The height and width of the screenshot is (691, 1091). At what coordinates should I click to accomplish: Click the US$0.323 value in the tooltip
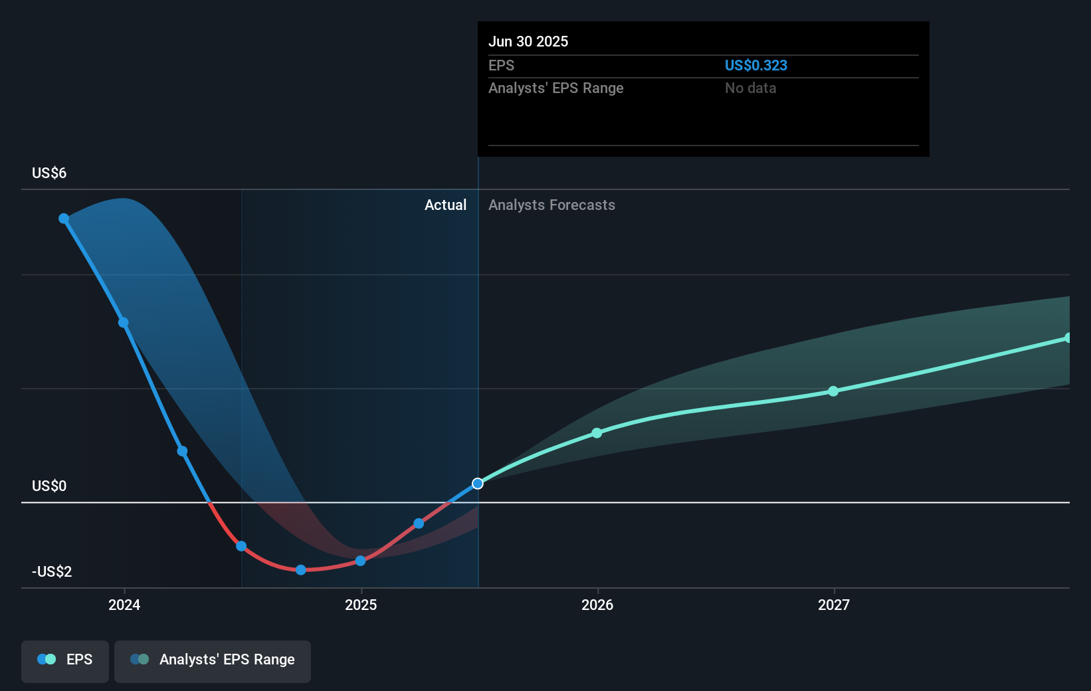pyautogui.click(x=755, y=65)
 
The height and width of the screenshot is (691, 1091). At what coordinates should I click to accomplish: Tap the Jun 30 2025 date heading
pyautogui.click(x=528, y=41)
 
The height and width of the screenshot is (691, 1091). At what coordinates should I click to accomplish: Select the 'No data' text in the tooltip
pyautogui.click(x=750, y=88)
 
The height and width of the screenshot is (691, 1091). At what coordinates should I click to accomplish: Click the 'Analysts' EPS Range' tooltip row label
pyautogui.click(x=555, y=88)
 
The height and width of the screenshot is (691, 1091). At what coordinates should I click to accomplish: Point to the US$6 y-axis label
pyautogui.click(x=49, y=173)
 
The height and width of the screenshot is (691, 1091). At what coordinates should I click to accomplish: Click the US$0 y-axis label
pyautogui.click(x=49, y=486)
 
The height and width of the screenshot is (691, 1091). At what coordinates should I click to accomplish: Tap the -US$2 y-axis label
pyautogui.click(x=52, y=571)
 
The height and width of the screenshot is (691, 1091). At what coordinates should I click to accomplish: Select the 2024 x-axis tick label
pyautogui.click(x=124, y=605)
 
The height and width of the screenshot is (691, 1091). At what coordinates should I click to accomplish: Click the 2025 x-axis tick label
pyautogui.click(x=361, y=605)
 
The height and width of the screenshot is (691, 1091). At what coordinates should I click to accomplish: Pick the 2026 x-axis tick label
pyautogui.click(x=597, y=605)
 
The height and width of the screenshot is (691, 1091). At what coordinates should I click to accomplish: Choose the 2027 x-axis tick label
pyautogui.click(x=834, y=605)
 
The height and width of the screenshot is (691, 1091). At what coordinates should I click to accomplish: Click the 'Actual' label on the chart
pyautogui.click(x=445, y=205)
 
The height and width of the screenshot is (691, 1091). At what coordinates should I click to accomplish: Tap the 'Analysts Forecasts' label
pyautogui.click(x=551, y=205)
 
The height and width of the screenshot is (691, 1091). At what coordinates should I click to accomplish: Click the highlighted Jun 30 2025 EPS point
pyautogui.click(x=478, y=483)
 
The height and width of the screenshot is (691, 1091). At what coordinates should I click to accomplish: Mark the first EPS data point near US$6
pyautogui.click(x=64, y=219)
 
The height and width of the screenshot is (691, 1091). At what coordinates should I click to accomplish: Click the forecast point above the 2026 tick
pyautogui.click(x=597, y=433)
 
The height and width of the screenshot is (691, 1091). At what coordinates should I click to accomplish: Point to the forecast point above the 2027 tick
pyautogui.click(x=833, y=391)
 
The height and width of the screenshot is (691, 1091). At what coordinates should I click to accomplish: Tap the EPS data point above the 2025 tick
pyautogui.click(x=360, y=561)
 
